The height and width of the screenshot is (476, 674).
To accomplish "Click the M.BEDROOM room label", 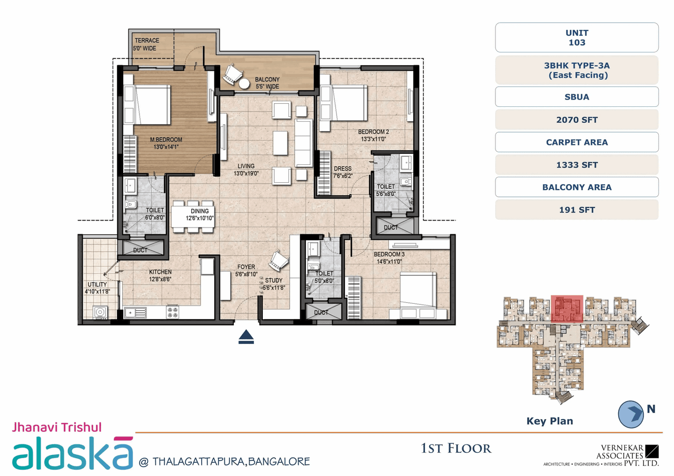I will click(166, 140).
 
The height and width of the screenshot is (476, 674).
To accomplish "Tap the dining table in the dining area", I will click(193, 215).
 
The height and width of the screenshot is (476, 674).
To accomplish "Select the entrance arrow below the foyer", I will click(246, 338).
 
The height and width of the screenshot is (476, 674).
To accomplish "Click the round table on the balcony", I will click(244, 84).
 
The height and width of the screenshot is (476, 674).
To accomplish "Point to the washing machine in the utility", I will click(100, 313).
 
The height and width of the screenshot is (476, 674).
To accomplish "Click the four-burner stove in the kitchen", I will click(173, 312).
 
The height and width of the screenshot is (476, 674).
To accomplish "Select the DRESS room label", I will click(342, 169).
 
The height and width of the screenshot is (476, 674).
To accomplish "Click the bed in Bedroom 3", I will click(417, 295).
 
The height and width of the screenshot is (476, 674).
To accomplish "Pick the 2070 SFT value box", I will click(577, 120).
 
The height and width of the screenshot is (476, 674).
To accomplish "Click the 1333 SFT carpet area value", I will click(577, 165).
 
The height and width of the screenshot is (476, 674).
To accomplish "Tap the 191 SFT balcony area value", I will click(577, 210).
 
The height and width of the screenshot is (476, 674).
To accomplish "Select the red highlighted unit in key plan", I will click(567, 309).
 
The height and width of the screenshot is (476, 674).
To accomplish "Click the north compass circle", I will click(631, 414).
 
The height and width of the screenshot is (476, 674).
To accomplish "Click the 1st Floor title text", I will click(455, 449).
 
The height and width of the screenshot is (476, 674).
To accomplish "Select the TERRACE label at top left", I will click(147, 41).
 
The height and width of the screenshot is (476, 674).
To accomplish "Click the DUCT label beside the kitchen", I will click(140, 250).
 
